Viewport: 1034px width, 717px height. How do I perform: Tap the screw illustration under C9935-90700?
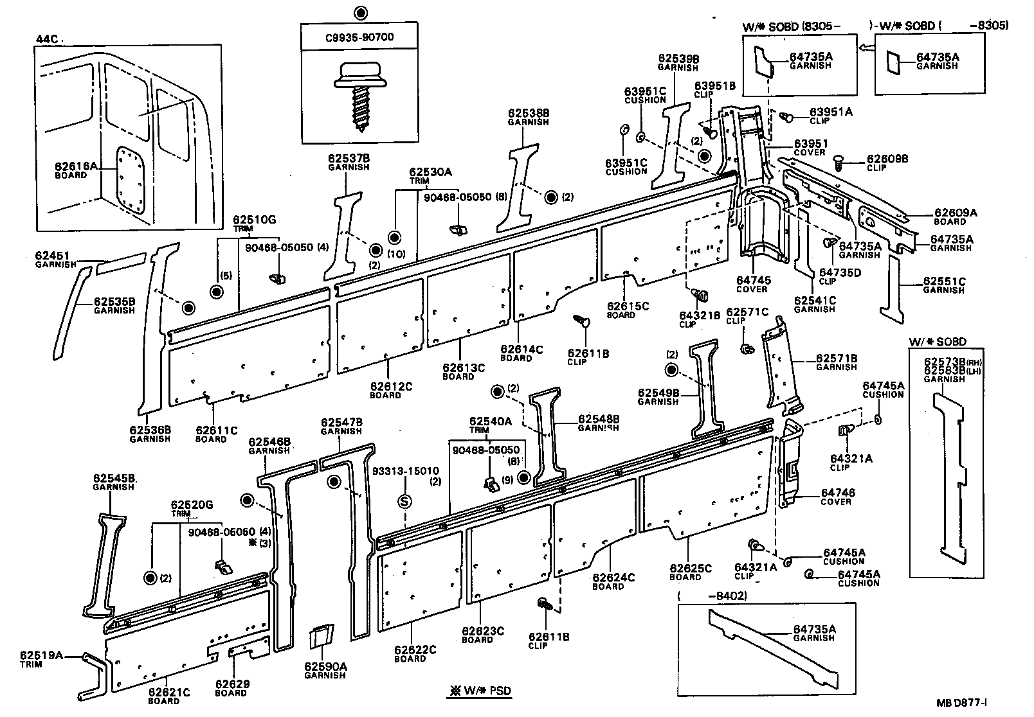(x=359, y=93)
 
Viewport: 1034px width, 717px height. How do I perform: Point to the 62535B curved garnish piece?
(x=67, y=315)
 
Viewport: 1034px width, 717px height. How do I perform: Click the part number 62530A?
(x=430, y=172)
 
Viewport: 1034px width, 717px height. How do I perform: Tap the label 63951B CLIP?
(x=714, y=89)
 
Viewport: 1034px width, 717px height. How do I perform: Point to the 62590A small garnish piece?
(x=320, y=637)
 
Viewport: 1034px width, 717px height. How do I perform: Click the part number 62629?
(x=231, y=684)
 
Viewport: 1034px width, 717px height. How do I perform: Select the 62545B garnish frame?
(x=105, y=565)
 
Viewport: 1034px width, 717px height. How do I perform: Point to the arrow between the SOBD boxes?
(x=867, y=47)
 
